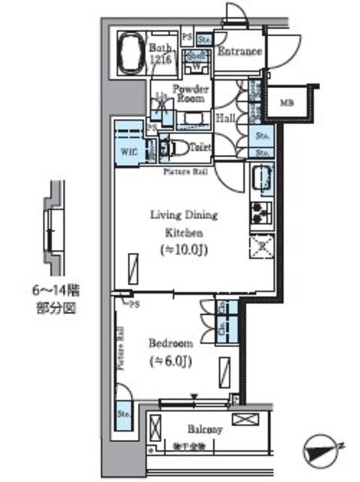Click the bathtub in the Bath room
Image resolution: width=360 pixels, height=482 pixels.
pos(133,53)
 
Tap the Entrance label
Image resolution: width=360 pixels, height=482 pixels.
pos(239,52)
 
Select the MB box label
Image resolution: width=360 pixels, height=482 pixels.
pos(287,103)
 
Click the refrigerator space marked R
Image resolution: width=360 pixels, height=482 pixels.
pos(261,247)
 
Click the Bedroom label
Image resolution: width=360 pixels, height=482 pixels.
pos(172,341)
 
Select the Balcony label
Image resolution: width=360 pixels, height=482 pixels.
pos(204,430)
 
